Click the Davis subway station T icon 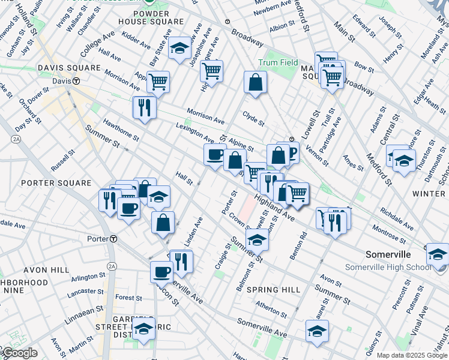[x=77, y=81]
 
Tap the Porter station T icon [x=113, y=238]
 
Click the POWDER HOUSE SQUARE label [x=152, y=21]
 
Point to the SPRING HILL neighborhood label [x=274, y=290]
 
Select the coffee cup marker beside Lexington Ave [x=215, y=155]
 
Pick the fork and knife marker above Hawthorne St [x=144, y=107]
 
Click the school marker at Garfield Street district [x=143, y=329]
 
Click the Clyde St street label [x=253, y=118]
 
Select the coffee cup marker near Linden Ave [x=161, y=272]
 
